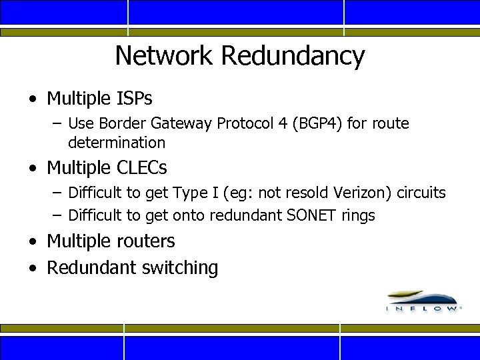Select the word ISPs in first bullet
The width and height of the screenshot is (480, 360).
[133, 99]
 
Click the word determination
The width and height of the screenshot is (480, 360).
[117, 142]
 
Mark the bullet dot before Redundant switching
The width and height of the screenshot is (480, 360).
[33, 269]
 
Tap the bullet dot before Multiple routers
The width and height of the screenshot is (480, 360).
[33, 242]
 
